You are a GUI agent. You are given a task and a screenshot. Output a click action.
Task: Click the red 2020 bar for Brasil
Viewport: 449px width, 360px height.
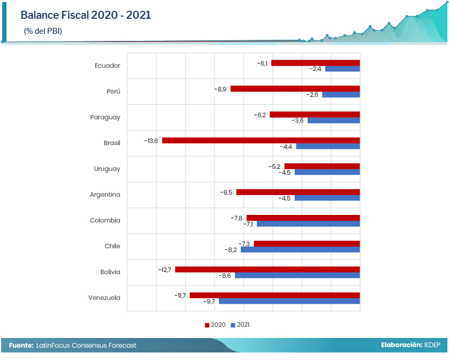pyautogui.click(x=261, y=140)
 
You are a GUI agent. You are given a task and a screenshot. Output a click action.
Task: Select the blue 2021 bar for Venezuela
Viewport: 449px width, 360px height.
pyautogui.click(x=289, y=301)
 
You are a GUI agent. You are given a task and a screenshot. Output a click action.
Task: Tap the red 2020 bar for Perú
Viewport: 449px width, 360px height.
pyautogui.click(x=295, y=89)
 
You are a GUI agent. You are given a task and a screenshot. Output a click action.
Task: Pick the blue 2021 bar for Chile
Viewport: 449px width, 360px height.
pyautogui.click(x=300, y=250)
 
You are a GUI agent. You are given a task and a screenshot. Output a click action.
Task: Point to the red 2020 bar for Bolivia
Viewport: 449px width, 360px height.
pyautogui.click(x=267, y=269)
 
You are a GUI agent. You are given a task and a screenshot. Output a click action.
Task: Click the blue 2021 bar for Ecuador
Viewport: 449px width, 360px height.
pyautogui.click(x=343, y=69)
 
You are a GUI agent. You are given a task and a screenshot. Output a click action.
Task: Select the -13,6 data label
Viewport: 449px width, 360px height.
pyautogui.click(x=151, y=141)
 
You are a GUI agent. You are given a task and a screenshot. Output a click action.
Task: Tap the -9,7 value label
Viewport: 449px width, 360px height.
pyautogui.click(x=209, y=301)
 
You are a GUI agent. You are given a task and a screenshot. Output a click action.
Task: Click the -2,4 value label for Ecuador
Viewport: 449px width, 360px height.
pyautogui.click(x=315, y=69)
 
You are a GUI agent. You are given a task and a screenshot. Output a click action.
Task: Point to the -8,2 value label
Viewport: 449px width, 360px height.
pyautogui.click(x=231, y=250)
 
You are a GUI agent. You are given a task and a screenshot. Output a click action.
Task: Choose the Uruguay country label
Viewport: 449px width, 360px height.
pyautogui.click(x=107, y=169)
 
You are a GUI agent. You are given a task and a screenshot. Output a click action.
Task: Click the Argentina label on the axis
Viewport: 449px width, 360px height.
pyautogui.click(x=105, y=195)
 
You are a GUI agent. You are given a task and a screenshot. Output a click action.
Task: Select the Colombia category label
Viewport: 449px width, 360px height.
pyautogui.click(x=105, y=220)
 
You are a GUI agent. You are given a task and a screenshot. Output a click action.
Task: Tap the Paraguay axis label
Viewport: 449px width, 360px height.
pyautogui.click(x=105, y=117)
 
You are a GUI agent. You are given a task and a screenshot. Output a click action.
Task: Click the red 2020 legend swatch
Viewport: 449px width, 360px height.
pyautogui.click(x=206, y=325)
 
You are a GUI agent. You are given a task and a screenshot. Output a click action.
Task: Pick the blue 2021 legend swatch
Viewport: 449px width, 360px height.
pyautogui.click(x=233, y=325)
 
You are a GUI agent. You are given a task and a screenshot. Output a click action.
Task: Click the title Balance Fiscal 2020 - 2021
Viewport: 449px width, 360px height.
pyautogui.click(x=85, y=15)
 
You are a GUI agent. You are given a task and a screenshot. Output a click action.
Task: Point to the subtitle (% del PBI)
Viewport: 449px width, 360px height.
pyautogui.click(x=43, y=31)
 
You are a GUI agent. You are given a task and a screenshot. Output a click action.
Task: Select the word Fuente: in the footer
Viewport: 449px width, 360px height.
pyautogui.click(x=21, y=345)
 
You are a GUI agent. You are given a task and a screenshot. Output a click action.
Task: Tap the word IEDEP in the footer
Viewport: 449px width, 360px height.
pyautogui.click(x=432, y=345)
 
